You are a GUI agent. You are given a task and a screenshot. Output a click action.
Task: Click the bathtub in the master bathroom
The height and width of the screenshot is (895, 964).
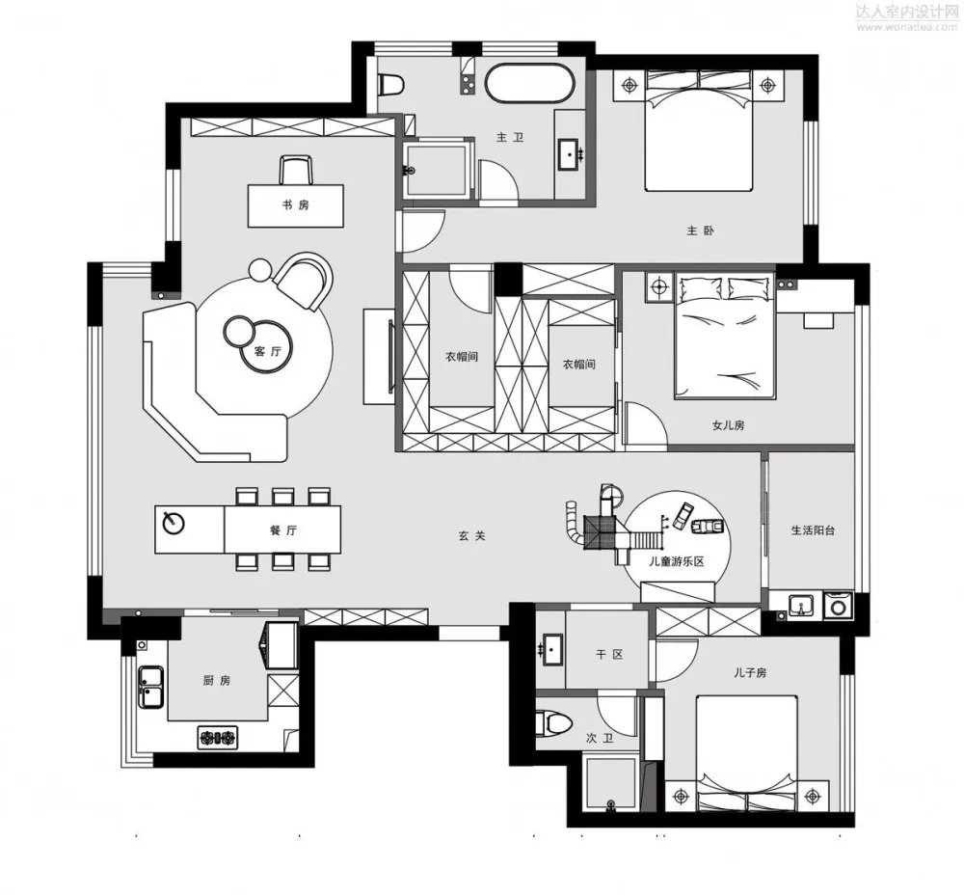530,83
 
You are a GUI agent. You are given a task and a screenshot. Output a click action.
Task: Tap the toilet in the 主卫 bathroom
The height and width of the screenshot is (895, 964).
389,84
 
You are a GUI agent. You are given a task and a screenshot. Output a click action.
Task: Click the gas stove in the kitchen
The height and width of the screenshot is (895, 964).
217,737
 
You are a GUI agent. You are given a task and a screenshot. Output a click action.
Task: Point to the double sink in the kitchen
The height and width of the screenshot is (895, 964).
150,687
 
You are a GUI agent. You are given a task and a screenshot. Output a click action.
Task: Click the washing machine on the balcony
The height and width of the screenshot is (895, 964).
838,606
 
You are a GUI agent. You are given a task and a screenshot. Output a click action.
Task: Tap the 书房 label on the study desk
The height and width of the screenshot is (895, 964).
296,204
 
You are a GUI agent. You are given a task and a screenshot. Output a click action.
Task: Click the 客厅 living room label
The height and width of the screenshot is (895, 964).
267,351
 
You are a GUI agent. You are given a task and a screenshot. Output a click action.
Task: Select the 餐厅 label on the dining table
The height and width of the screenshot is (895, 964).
283,530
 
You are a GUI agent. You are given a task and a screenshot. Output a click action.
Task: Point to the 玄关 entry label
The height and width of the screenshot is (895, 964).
472,536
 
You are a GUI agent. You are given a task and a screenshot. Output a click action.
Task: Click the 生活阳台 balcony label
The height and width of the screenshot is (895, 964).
813,529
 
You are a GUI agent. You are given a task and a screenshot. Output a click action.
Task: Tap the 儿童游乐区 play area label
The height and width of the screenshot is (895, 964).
677,561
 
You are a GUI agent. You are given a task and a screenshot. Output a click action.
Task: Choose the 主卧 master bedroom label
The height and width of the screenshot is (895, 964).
700,231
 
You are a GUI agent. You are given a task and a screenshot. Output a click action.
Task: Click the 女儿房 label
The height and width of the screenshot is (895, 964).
729,425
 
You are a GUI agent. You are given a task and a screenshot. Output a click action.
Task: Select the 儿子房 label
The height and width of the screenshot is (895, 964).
750,672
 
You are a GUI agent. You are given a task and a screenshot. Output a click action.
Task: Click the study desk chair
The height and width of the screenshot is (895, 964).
296,169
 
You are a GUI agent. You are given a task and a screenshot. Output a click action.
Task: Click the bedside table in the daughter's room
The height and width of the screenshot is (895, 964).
660,286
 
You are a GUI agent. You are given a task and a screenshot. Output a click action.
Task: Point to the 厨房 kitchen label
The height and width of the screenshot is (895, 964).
217,680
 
